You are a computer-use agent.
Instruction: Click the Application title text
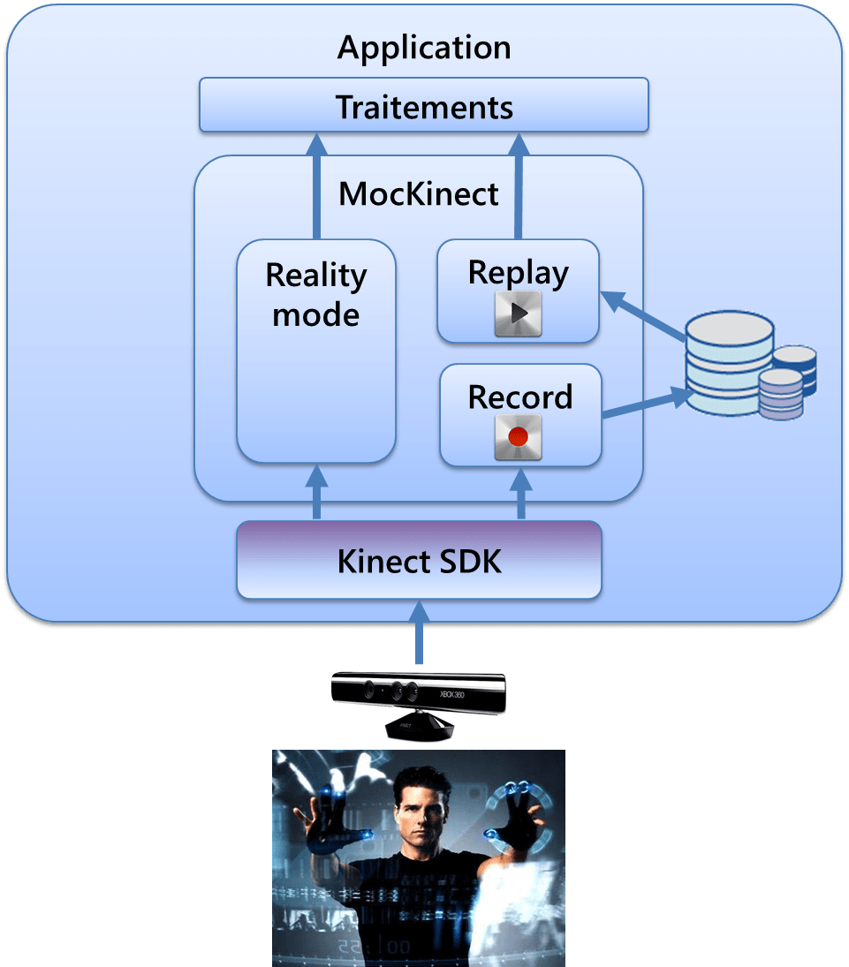[424, 48]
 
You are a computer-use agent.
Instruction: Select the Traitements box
[424, 106]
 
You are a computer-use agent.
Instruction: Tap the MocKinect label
[419, 193]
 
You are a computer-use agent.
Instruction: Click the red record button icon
[519, 438]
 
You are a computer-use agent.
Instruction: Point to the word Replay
[519, 273]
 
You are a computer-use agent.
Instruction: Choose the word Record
[519, 397]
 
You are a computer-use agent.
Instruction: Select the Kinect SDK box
[419, 560]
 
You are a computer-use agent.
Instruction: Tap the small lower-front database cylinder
[781, 395]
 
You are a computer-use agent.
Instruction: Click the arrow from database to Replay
[645, 315]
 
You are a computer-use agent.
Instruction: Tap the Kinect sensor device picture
[419, 703]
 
